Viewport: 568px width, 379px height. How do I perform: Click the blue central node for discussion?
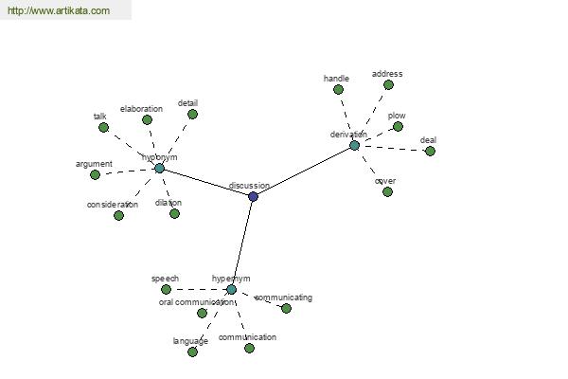click(x=253, y=196)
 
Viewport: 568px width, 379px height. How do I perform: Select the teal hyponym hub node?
click(x=159, y=168)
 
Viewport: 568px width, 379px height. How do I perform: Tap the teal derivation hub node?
click(x=354, y=145)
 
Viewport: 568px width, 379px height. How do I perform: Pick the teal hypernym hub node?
click(x=231, y=289)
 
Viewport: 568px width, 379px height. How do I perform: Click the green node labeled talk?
click(x=103, y=127)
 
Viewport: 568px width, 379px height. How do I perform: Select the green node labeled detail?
click(x=192, y=114)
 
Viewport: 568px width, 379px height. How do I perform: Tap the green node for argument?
click(x=95, y=174)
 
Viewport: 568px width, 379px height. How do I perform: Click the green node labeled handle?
click(x=338, y=89)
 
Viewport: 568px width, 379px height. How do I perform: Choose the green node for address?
click(x=388, y=84)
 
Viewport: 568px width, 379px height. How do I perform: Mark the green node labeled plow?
click(x=398, y=126)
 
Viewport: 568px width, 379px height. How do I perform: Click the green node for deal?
click(x=430, y=151)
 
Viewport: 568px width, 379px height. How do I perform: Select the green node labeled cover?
click(x=387, y=191)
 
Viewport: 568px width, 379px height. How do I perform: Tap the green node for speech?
click(x=166, y=289)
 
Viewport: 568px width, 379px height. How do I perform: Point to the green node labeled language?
click(x=192, y=352)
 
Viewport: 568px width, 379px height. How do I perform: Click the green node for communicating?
click(x=286, y=308)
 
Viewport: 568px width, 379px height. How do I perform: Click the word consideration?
click(x=113, y=205)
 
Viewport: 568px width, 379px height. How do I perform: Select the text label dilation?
click(x=168, y=203)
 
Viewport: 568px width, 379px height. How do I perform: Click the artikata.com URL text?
click(x=58, y=11)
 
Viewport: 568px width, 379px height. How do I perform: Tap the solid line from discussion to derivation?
click(x=303, y=171)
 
